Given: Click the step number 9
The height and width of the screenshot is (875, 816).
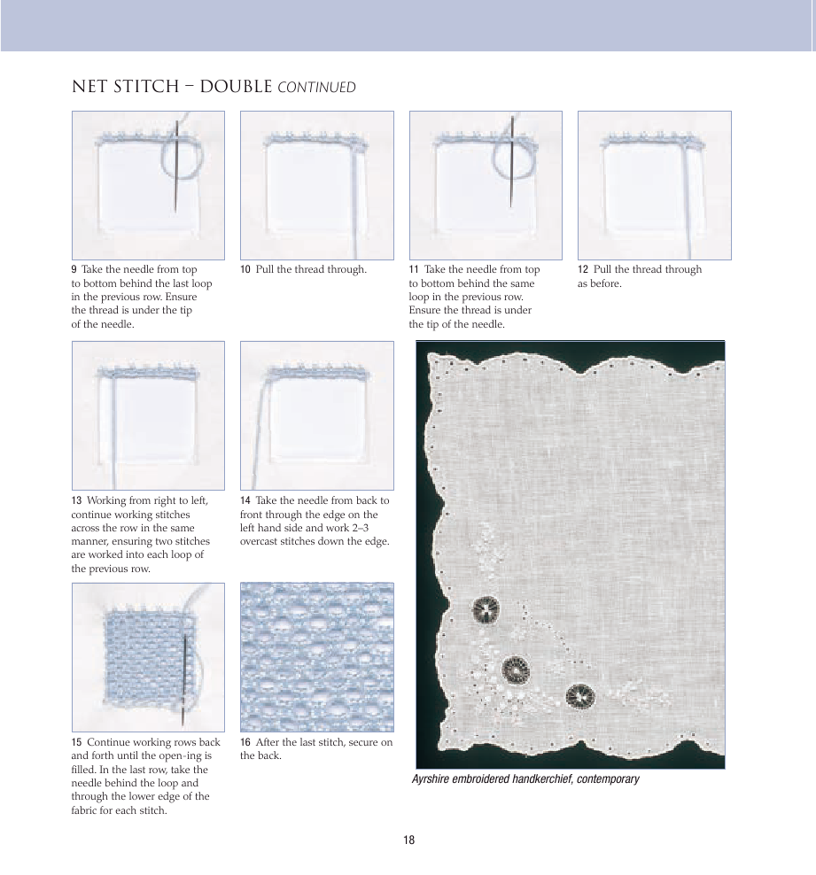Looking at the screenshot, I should [74, 269].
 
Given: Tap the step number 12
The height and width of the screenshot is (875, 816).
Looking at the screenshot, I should [583, 269].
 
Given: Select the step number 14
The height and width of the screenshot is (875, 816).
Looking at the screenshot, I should [245, 500].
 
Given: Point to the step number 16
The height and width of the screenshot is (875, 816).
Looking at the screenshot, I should [245, 742].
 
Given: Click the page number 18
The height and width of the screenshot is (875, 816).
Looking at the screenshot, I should [408, 840].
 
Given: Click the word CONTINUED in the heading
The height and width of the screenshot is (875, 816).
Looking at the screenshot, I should [317, 88].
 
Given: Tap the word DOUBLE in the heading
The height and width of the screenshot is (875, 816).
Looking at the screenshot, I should [236, 87].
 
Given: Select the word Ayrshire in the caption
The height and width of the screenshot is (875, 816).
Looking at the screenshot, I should [431, 779].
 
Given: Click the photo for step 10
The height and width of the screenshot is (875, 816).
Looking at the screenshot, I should [316, 185].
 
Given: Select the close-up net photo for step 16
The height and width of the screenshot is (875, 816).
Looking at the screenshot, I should [316, 656].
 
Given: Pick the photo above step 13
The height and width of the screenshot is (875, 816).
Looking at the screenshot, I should [148, 415].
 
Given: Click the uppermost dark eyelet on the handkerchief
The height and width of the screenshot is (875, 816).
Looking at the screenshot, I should [486, 609].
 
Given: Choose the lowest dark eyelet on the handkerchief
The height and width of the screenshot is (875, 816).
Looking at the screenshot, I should [579, 697].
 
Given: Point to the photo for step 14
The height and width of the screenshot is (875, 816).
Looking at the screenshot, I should [316, 415].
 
